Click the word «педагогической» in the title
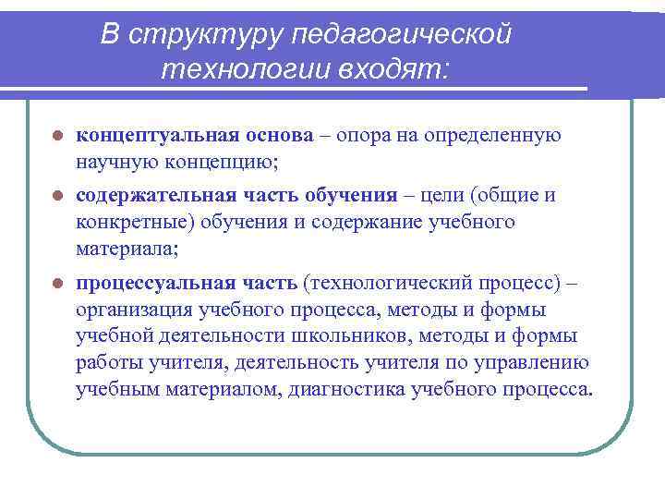point(401,34)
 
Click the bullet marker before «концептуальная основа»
point(57,136)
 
